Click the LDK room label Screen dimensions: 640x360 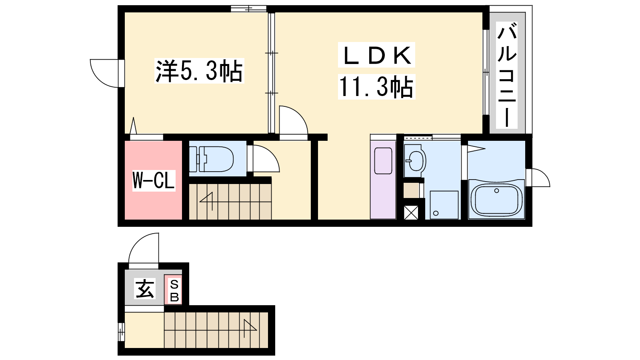[x=376, y=55]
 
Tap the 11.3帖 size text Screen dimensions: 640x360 [x=376, y=87]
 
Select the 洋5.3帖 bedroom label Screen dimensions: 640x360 [x=199, y=71]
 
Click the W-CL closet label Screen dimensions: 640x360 [x=154, y=180]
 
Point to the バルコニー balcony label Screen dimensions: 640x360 [x=507, y=75]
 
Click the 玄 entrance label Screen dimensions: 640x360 [x=145, y=288]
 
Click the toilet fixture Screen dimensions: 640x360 [x=211, y=159]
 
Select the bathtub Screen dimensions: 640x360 [x=496, y=199]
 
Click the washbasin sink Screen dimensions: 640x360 [x=415, y=160]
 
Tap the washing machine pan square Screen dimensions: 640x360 [x=444, y=205]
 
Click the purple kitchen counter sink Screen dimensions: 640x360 [x=383, y=160]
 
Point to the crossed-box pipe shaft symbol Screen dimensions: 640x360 [x=411, y=212]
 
